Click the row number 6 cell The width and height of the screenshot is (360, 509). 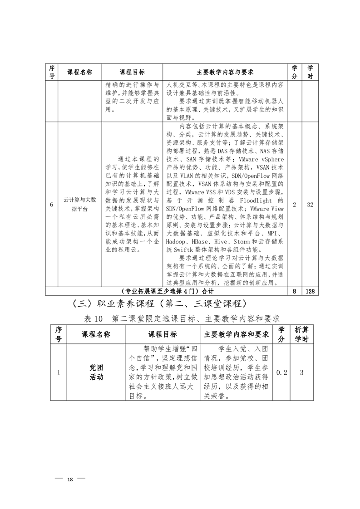click(51, 205)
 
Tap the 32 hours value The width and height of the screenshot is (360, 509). click(311, 205)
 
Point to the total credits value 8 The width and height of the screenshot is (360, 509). click(294, 291)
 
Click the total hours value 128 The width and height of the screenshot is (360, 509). click(311, 291)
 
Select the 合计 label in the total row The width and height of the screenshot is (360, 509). click(207, 291)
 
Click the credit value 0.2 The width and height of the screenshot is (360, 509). click(282, 372)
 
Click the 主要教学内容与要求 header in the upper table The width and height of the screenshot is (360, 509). click(225, 72)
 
